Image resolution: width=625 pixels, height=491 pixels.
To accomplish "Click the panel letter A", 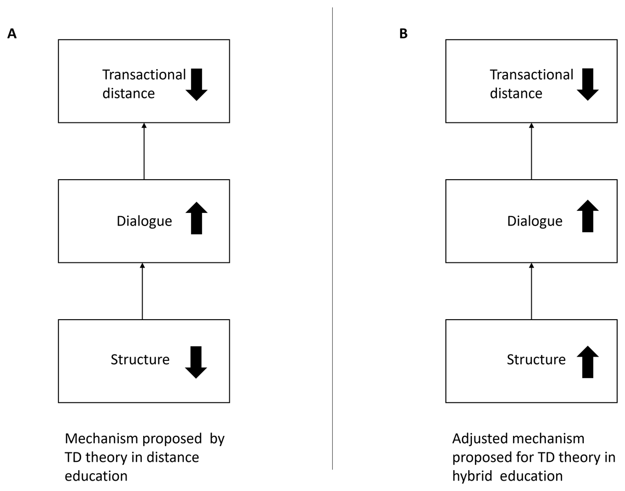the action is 12,34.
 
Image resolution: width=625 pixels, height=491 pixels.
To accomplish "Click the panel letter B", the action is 403,34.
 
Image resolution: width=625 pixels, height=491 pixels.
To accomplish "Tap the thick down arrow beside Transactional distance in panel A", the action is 196,84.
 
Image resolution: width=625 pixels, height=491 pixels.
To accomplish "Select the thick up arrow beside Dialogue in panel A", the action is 196,218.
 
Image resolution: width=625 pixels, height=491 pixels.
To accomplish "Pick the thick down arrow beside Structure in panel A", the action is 196,362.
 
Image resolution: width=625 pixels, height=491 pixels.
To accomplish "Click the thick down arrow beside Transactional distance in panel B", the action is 587,84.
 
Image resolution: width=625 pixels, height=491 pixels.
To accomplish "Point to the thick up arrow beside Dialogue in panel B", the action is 587,216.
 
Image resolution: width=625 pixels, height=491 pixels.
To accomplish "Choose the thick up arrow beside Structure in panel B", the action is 587,362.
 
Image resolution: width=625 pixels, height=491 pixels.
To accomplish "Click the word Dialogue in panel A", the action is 144,222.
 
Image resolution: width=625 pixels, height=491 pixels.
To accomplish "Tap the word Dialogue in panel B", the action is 535,222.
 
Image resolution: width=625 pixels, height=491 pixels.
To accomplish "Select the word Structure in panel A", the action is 140,360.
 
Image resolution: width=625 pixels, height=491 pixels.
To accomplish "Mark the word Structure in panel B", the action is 536,360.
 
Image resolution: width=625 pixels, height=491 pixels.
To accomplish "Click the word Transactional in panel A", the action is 144,75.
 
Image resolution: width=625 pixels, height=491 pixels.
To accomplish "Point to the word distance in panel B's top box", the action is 516,93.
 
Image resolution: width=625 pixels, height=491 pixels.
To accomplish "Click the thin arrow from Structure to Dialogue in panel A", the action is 142,291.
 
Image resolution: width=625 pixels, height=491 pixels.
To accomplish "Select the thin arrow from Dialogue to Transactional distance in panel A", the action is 144,151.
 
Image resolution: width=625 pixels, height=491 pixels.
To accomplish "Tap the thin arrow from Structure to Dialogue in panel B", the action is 532,291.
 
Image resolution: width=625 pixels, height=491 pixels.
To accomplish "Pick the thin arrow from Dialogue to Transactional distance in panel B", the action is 532,151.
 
